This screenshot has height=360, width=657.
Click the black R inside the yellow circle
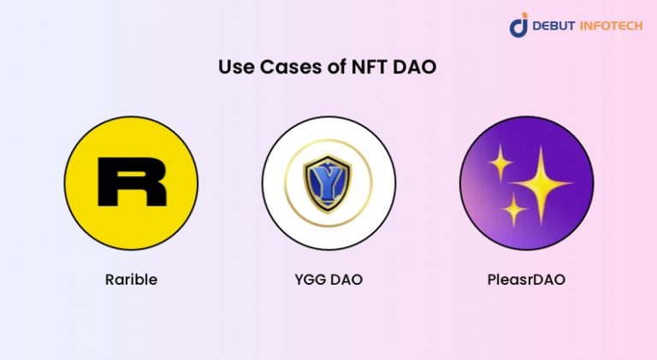point(131,182)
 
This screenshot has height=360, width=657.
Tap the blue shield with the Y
point(328,182)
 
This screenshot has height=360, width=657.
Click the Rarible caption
point(131,280)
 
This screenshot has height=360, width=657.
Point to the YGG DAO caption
point(328,280)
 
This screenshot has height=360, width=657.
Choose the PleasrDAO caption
point(526,280)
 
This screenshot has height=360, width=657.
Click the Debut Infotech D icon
point(519,25)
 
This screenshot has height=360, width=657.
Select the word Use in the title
point(236,68)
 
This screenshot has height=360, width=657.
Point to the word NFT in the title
point(369,68)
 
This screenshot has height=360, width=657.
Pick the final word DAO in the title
point(416,68)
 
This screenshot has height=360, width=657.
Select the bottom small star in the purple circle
point(514,209)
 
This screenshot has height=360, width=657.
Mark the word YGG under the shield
point(311,280)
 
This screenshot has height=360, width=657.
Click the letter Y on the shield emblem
point(328,181)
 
